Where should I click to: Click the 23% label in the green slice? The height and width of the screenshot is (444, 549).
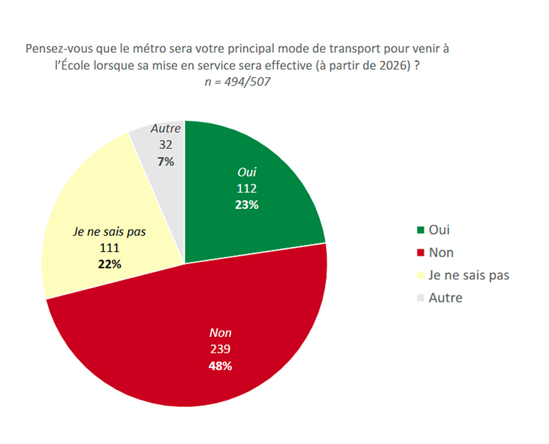coord(247,205)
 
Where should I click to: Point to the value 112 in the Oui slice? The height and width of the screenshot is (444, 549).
coord(247,189)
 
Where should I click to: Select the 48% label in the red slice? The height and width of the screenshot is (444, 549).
coord(221,366)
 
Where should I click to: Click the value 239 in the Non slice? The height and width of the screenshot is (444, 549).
coord(221,350)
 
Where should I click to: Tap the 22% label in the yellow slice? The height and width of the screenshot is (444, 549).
coord(110,264)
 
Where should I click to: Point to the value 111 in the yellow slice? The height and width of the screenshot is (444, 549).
coord(110,248)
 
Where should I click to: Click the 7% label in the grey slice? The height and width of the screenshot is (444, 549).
coord(165,161)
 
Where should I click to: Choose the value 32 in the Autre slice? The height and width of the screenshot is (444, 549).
coord(165,145)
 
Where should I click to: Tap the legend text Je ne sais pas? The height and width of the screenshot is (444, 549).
coord(469,275)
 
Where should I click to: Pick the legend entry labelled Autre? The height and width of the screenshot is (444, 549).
coord(445,297)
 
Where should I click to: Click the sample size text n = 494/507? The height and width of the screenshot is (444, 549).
coord(238,82)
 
